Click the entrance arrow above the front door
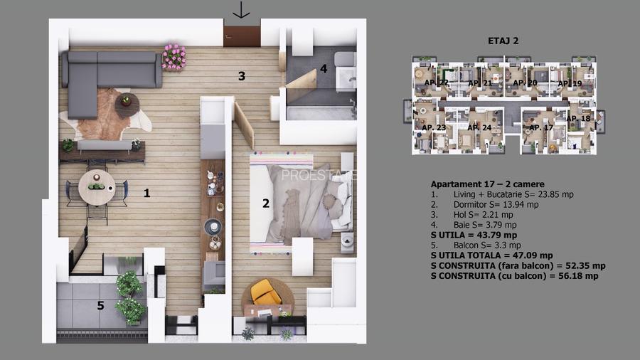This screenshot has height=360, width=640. [x=242, y=10]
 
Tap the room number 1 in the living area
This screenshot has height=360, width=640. [x=147, y=192]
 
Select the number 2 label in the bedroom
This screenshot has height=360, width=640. [x=266, y=203]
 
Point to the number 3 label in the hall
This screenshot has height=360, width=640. [x=242, y=76]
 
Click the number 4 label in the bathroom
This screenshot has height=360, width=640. [x=324, y=69]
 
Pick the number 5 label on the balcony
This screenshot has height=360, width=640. [x=100, y=306]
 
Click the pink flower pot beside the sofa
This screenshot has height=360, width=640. [x=174, y=56]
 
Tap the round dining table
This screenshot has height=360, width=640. [x=96, y=187]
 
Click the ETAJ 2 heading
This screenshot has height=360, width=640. [x=504, y=41]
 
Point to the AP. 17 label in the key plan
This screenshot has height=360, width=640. [x=538, y=127]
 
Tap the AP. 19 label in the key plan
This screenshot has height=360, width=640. [x=569, y=84]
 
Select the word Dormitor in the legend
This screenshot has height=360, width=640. [x=474, y=204]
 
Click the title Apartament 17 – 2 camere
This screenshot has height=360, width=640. [x=487, y=184]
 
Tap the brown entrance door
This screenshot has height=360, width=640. [x=242, y=36]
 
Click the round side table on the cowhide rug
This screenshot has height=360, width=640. [x=127, y=100]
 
